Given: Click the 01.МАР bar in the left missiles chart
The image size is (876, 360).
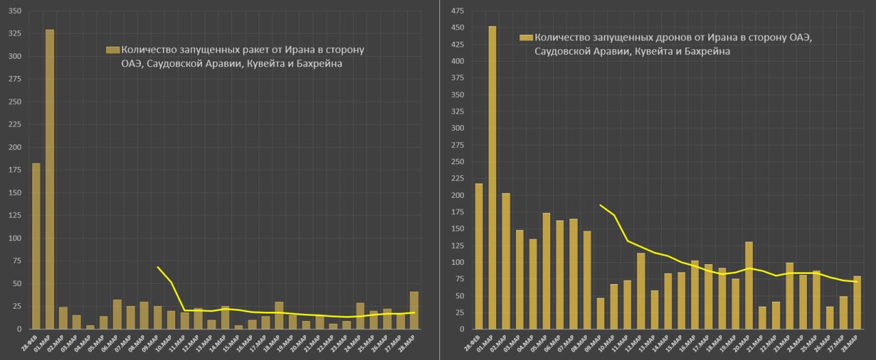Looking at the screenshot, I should (50, 179).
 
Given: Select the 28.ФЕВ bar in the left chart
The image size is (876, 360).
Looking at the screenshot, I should (36, 246).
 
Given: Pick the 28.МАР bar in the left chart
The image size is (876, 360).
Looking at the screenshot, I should (414, 311).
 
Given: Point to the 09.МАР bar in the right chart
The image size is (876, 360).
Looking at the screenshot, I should (601, 313).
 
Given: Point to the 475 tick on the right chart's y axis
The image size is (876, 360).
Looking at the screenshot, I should (457, 11).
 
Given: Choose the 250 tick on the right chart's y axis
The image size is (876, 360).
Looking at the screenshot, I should (457, 162).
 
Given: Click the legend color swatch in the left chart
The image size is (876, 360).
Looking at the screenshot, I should (113, 50).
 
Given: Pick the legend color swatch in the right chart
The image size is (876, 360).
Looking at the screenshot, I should (526, 38).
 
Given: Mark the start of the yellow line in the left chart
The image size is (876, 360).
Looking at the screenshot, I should (158, 268).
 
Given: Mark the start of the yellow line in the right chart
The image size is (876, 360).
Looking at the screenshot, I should (601, 205).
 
